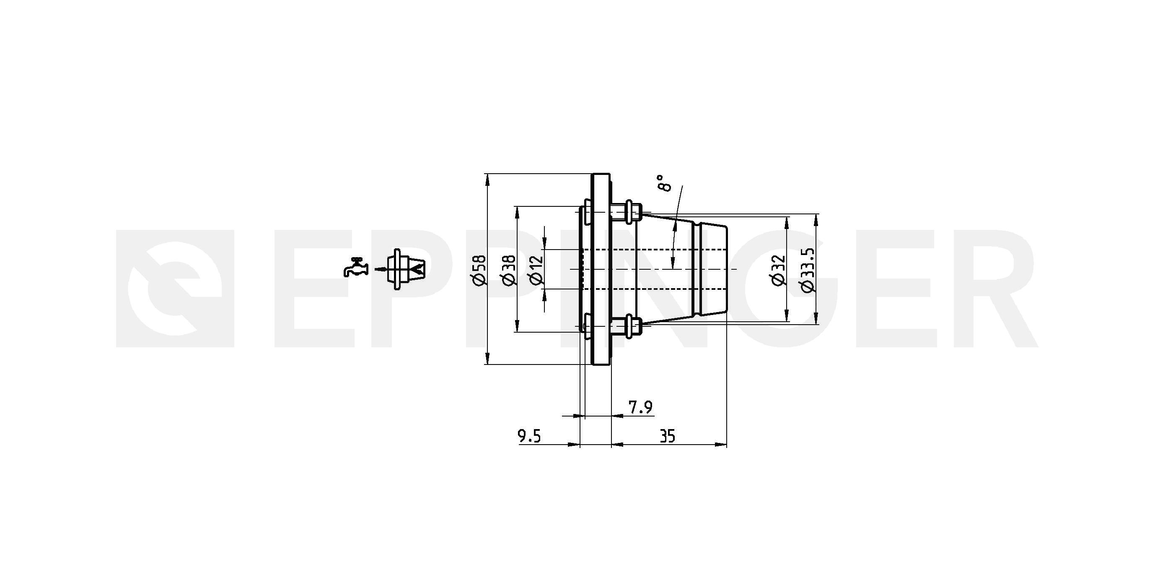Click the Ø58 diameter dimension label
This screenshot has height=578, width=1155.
point(479,270)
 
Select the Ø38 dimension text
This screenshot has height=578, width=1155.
point(509,270)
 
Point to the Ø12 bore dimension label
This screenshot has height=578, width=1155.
point(536,270)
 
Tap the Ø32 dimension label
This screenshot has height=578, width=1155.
point(779,270)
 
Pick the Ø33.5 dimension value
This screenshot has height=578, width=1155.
point(807,271)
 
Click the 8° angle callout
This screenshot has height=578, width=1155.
point(664,183)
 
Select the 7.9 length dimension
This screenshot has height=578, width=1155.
point(640,407)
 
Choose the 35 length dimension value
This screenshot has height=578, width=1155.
point(668,436)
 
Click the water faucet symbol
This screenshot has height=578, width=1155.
point(356,268)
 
